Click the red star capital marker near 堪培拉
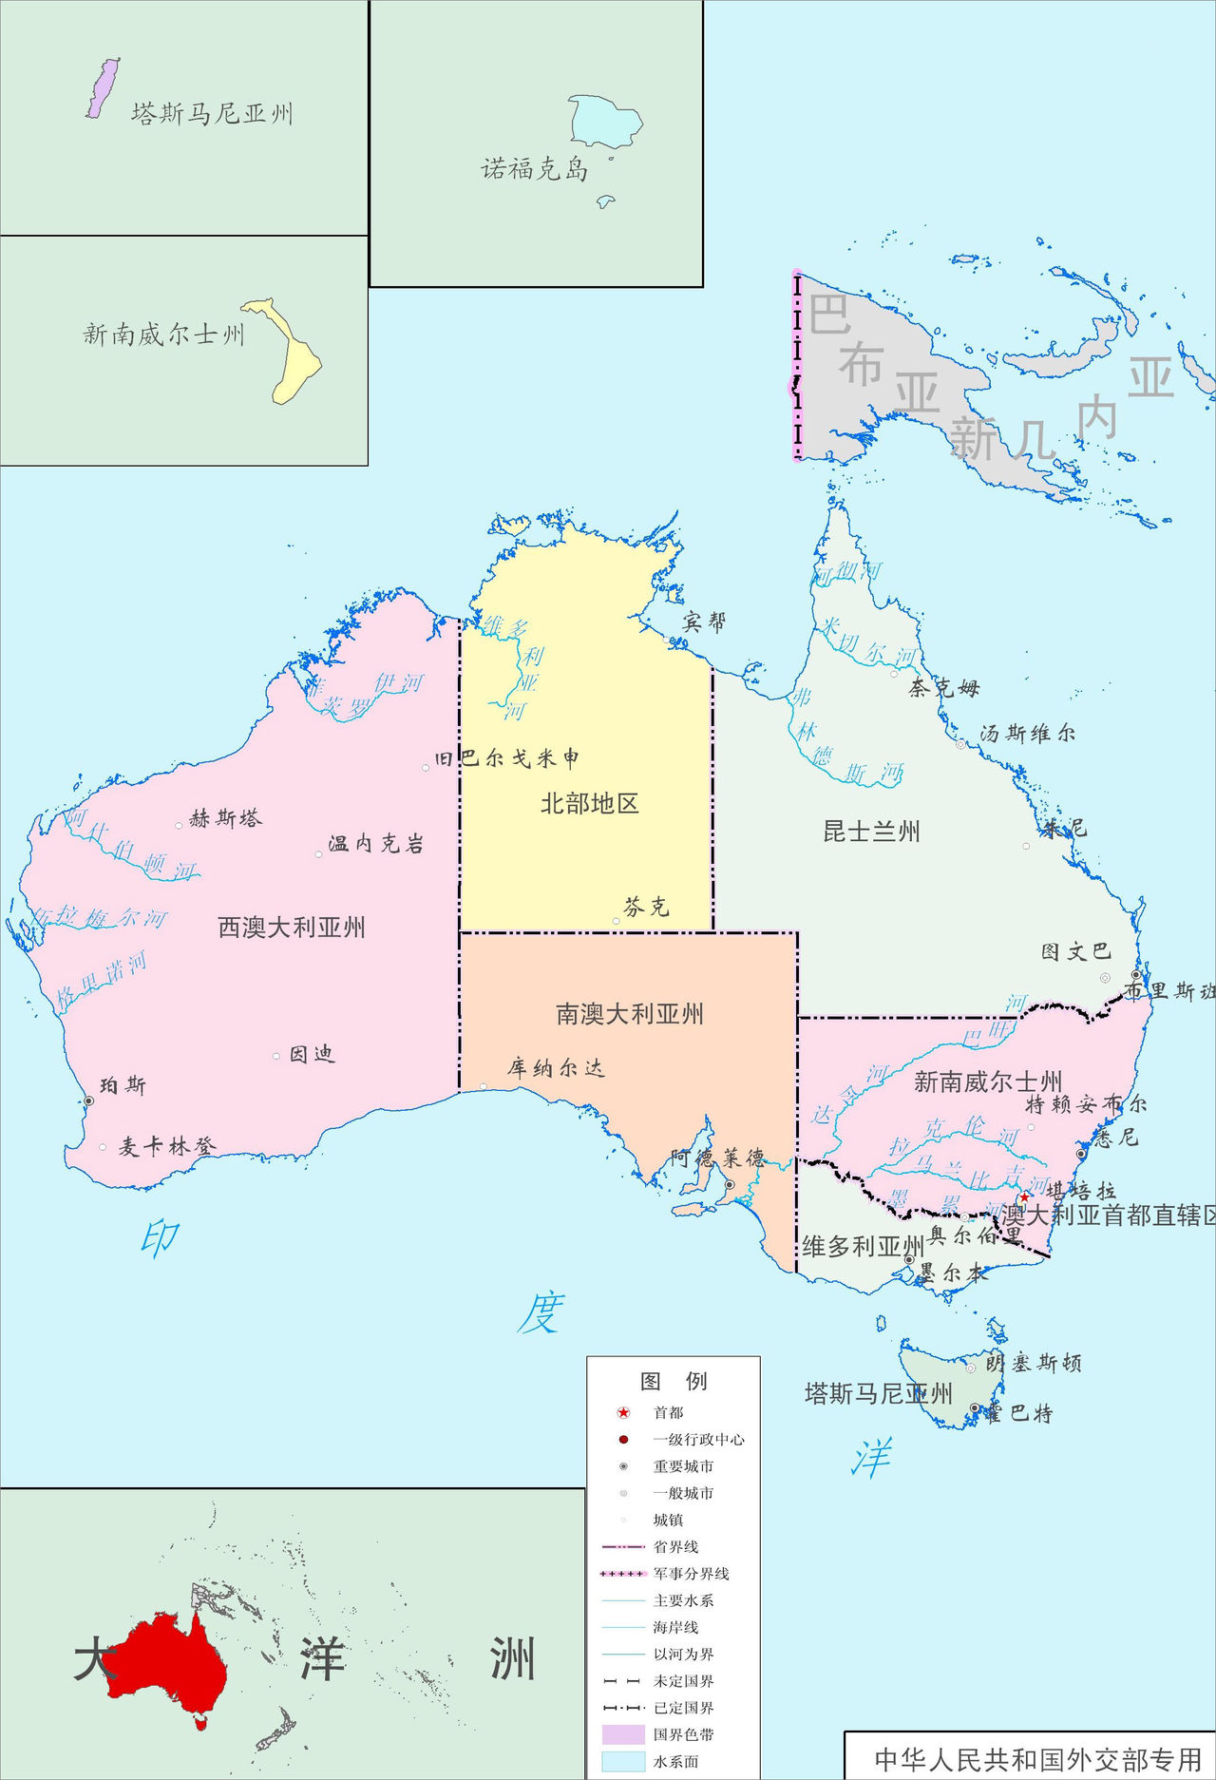(x=1024, y=1196)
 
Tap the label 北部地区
(x=589, y=804)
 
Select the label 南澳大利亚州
(x=629, y=1014)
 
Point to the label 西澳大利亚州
(x=292, y=928)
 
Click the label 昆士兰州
(x=871, y=833)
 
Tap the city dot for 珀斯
(x=88, y=1101)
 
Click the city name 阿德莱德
(x=717, y=1158)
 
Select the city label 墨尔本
(x=952, y=1273)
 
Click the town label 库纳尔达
(x=556, y=1068)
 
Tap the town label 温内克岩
(x=375, y=844)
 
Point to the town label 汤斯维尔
(x=1028, y=733)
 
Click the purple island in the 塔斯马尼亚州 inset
(x=103, y=88)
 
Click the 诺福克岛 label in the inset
(x=534, y=170)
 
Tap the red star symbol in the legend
(x=623, y=1413)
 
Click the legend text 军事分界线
(x=691, y=1574)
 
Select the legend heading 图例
(x=673, y=1381)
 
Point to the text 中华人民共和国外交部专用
(x=1037, y=1759)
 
